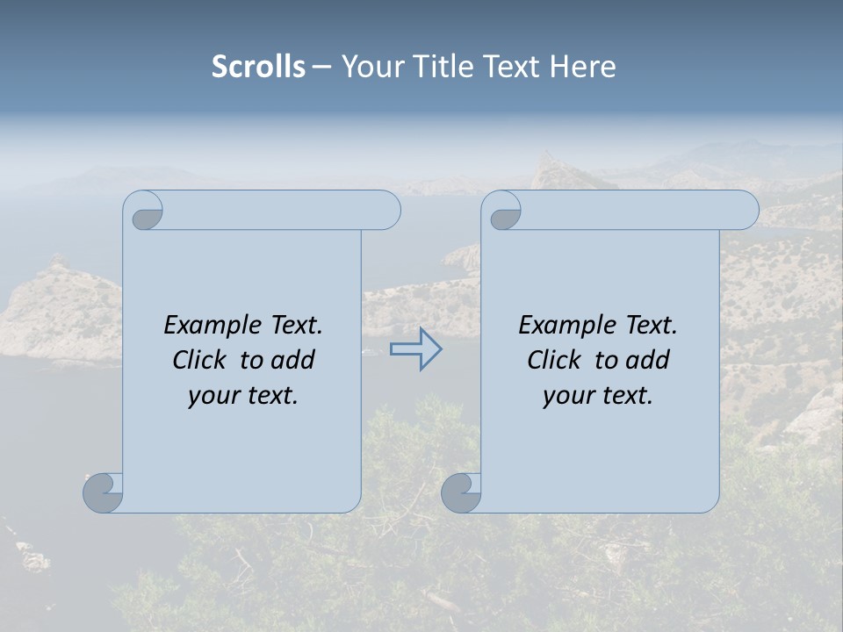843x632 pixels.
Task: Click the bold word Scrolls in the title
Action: click(258, 67)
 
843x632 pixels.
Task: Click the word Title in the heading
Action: click(442, 67)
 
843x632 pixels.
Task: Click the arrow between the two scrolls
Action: click(415, 349)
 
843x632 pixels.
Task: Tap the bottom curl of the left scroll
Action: click(103, 492)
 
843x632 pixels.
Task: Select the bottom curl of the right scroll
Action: click(460, 492)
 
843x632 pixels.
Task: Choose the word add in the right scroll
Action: click(650, 360)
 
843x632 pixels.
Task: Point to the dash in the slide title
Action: click(322, 68)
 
